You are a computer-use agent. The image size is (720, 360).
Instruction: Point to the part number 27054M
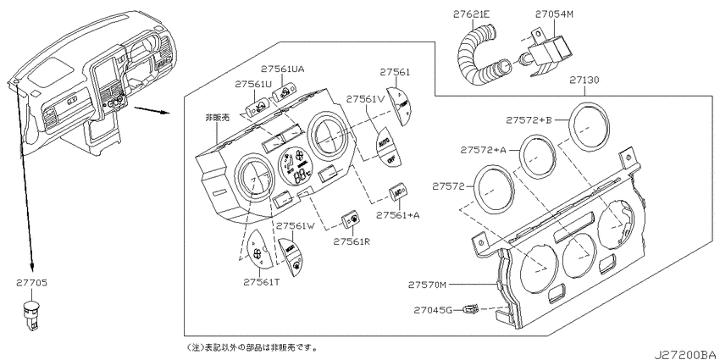coord(555,15)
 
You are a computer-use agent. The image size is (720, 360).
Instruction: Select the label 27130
coord(584,80)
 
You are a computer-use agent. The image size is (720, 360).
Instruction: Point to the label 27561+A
coord(402,215)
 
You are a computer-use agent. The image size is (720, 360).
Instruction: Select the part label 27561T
coord(263,283)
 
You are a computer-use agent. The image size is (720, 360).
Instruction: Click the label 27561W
coord(296,226)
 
